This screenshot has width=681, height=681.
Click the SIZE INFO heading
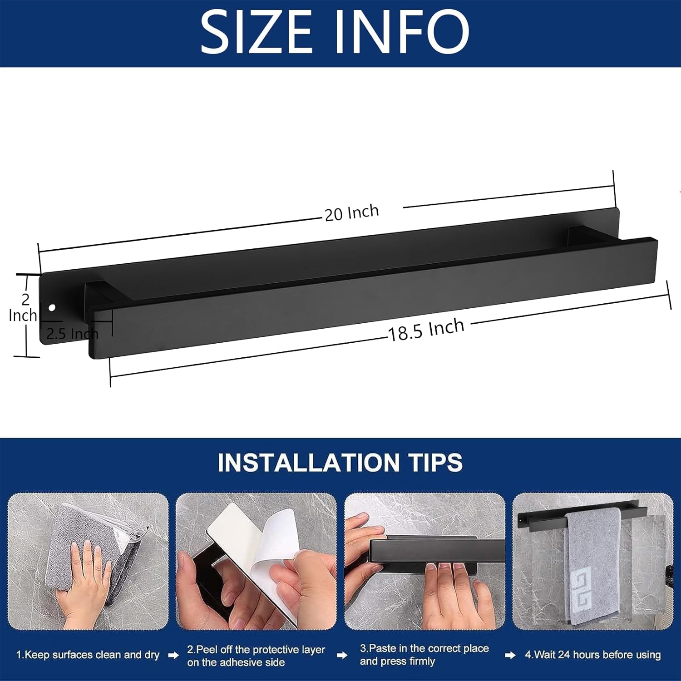335,32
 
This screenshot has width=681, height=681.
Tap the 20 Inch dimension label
352,212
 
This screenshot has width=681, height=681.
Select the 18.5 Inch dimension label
426,330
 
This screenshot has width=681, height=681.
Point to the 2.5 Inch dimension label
72,334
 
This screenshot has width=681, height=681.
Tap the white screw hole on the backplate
52,308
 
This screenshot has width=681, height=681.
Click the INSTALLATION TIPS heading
340,463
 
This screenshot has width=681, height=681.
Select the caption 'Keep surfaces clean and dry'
88,655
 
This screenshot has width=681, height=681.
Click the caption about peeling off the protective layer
256,656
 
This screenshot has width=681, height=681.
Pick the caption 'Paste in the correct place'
424,648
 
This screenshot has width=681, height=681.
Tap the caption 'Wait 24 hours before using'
592,655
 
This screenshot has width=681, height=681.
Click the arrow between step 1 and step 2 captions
173,655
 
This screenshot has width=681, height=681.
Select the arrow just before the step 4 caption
510,655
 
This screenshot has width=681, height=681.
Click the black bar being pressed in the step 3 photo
436,552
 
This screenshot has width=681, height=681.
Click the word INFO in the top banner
402,32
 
